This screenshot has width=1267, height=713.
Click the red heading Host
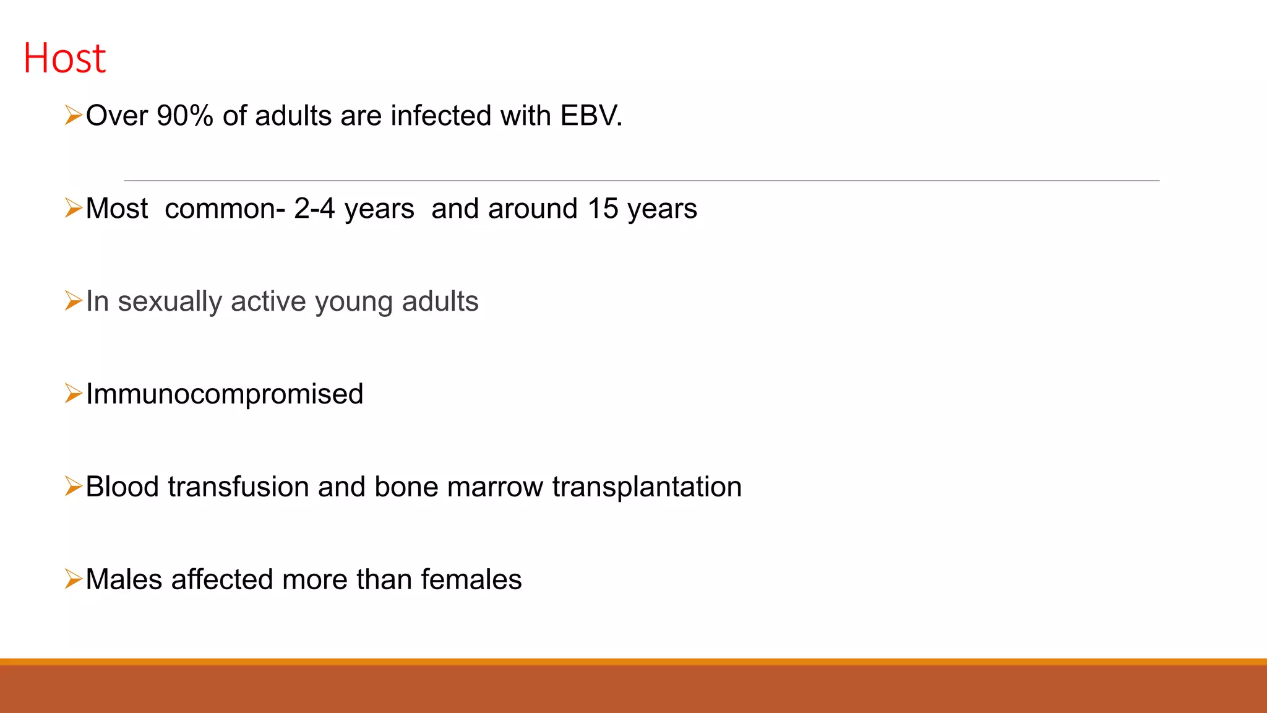pos(64,59)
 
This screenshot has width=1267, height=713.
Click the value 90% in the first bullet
pos(184,116)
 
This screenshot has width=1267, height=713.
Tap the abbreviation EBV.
pos(591,116)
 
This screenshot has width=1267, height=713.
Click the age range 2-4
pos(314,209)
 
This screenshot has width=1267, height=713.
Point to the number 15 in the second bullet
pos(603,209)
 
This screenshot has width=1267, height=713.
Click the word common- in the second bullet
pos(225,209)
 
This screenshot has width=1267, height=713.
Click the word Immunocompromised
pos(225,394)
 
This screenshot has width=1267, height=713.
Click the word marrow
pos(494,487)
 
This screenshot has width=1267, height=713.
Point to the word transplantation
pos(646,487)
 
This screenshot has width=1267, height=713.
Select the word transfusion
pos(238,487)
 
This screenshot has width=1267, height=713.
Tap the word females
pos(471,580)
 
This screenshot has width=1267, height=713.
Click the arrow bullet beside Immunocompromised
pos(73,394)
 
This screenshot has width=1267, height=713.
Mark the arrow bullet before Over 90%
pos(73,115)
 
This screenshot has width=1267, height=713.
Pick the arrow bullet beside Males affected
pos(73,579)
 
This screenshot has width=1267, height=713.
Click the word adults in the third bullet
pos(440,301)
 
